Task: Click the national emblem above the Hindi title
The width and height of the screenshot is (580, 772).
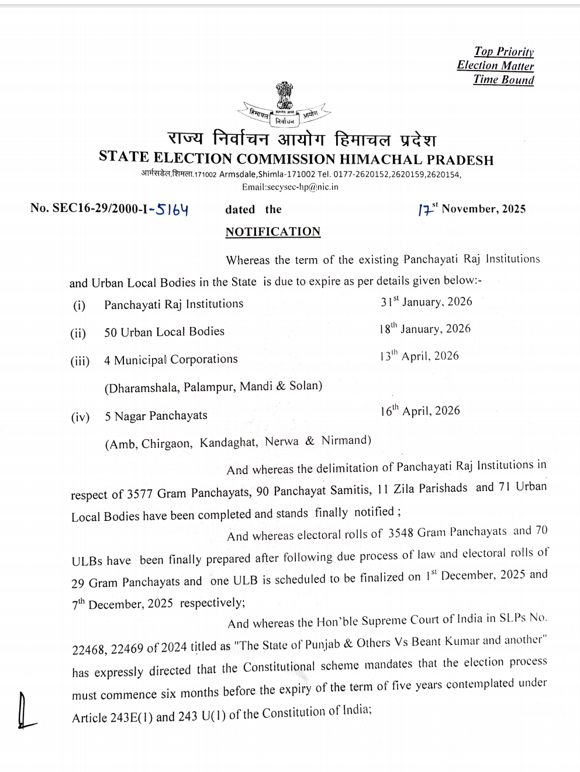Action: (285, 98)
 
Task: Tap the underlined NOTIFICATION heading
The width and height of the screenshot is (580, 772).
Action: (273, 232)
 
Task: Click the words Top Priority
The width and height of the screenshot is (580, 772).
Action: (504, 52)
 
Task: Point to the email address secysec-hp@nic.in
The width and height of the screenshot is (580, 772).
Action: (290, 187)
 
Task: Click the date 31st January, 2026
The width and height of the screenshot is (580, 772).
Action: (426, 302)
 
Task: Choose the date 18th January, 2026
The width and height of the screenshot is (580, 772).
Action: (424, 329)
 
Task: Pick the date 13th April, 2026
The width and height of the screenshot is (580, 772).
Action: (419, 356)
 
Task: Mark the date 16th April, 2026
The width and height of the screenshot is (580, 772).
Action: (420, 411)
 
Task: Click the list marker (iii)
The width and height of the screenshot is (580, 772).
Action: (80, 361)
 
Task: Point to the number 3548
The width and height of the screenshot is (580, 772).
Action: (405, 533)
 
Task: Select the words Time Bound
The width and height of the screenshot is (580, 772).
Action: (503, 80)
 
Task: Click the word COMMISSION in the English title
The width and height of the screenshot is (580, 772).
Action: (285, 159)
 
